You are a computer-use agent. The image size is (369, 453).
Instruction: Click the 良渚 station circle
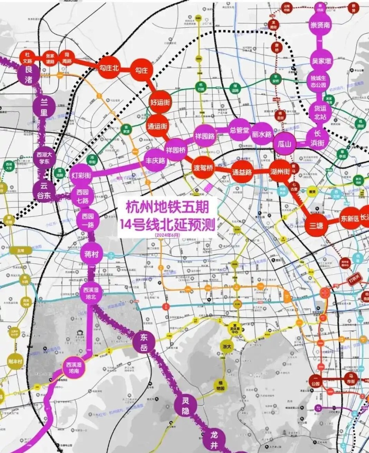29,74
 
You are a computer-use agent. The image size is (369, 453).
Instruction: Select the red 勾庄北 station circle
110,68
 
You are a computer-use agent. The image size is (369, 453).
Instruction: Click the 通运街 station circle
157,126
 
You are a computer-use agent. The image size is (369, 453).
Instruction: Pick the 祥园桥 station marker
176,149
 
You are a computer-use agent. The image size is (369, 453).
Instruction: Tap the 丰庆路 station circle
155,160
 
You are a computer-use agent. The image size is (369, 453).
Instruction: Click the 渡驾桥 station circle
203,168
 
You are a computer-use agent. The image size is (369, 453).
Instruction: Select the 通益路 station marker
242,172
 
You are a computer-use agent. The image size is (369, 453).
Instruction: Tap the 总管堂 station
240,129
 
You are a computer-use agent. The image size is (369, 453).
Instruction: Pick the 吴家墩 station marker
321,60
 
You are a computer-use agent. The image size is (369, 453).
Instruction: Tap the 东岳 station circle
144,341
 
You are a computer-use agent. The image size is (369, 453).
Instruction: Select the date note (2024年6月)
168,234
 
